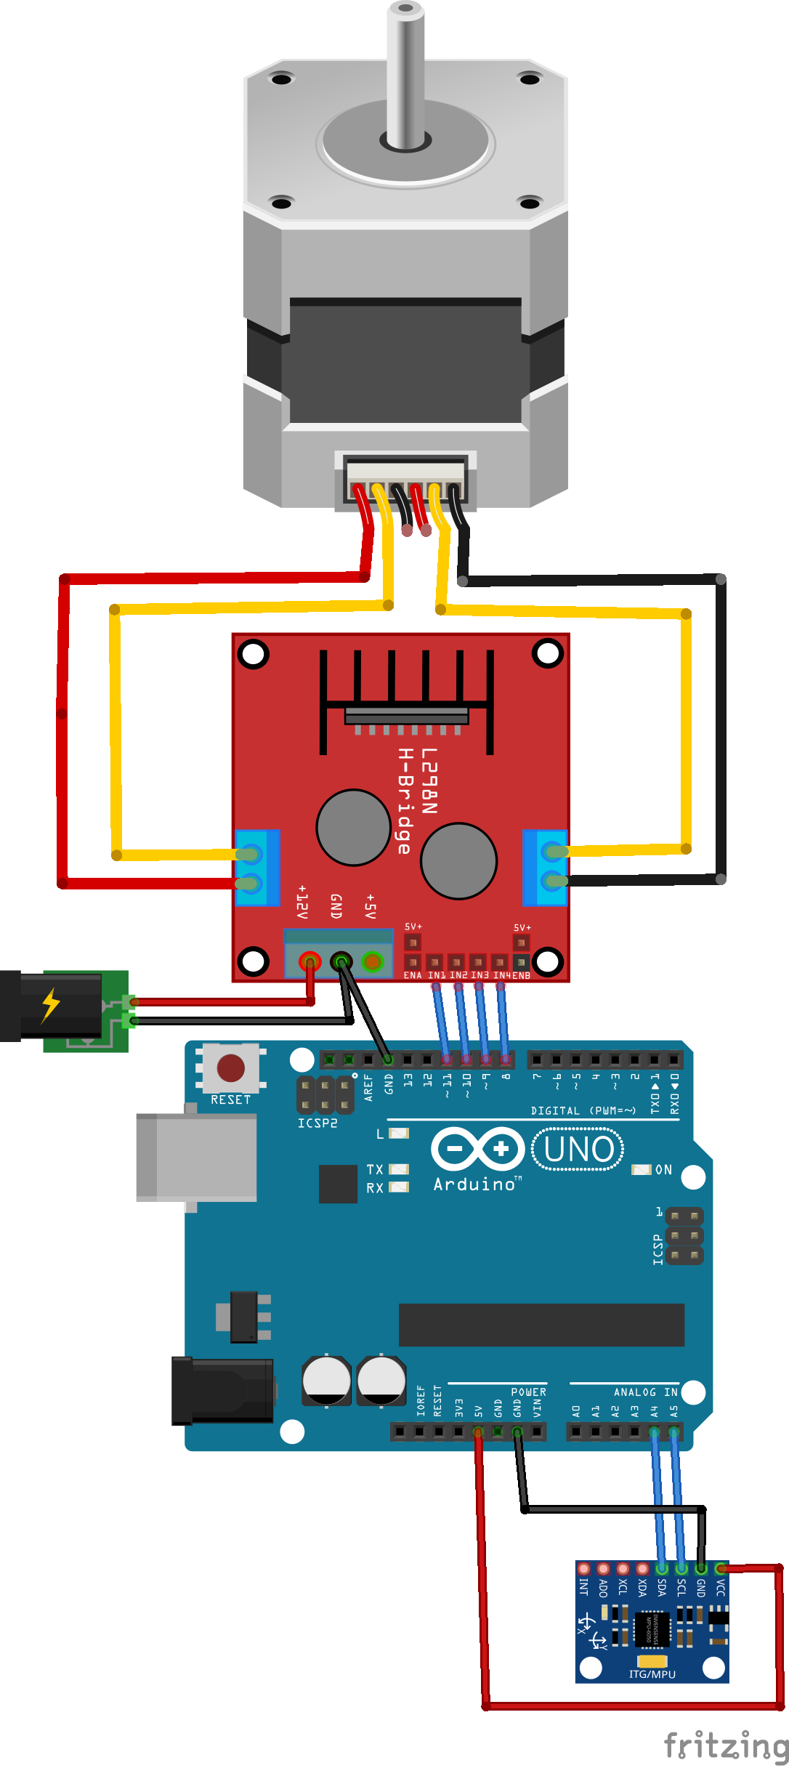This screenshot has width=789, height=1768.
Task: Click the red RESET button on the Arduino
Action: coord(230,1068)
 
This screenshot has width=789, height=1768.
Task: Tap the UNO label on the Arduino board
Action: coord(578,1150)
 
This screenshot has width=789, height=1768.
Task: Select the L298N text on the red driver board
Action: coord(429,781)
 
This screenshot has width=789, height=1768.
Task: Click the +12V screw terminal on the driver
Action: coord(310,962)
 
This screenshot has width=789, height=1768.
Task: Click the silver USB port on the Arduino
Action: coord(196,1157)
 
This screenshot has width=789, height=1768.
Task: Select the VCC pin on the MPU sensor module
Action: coord(720,1569)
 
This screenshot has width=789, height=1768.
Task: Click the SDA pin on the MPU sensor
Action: coord(662,1569)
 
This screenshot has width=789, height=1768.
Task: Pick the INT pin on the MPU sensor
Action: coord(583,1569)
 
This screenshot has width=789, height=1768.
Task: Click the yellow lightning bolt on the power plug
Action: coord(50,1005)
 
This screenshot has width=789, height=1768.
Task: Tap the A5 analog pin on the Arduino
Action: coord(674,1432)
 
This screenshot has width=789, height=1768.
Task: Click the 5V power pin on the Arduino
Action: coord(478,1432)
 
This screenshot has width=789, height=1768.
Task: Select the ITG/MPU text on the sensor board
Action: coord(652,1674)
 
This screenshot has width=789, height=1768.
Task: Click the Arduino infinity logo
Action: coord(477,1150)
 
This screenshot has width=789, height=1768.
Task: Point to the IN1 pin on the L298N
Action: coord(435,962)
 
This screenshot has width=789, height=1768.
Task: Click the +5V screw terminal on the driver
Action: coord(372,962)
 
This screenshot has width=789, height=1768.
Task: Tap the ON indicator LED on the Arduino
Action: coord(641,1169)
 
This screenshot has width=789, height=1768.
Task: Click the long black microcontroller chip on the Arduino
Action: coord(541,1324)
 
